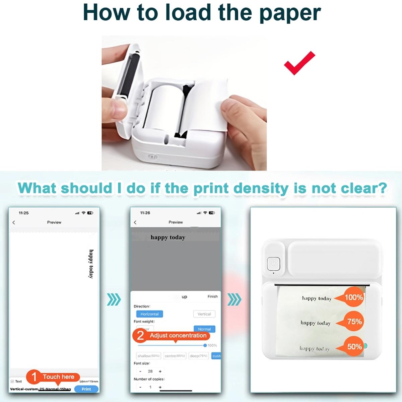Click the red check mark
coord(299,63)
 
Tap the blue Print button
coord(86,389)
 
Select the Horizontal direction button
coord(149,314)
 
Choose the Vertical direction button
coord(204,314)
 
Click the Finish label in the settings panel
coord(212,296)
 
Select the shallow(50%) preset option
coord(148,356)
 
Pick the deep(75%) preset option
coord(199,356)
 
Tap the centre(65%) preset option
coord(175,356)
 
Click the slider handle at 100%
coord(205,345)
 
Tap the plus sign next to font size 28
coord(160,371)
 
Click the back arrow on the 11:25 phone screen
coord(14,222)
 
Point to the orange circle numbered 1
coord(34,377)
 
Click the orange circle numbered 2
coord(140,335)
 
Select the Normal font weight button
coord(204,329)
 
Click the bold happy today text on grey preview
coord(167,237)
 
